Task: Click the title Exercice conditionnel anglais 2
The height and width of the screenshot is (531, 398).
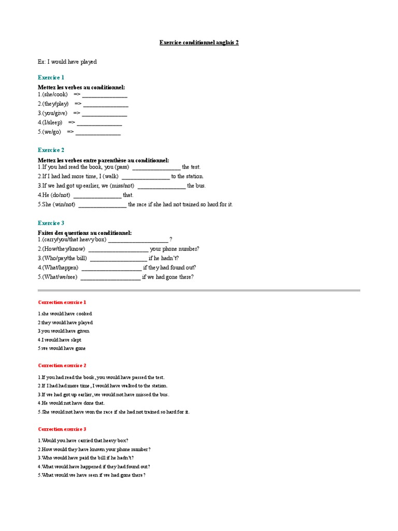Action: (199, 43)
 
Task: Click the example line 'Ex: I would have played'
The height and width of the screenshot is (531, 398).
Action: (67, 62)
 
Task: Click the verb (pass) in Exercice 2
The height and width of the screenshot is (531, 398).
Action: (122, 167)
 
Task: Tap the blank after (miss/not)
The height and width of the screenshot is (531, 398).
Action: (161, 186)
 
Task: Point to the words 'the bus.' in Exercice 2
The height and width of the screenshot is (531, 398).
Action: (196, 186)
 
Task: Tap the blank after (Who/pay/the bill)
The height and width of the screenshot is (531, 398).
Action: (118, 258)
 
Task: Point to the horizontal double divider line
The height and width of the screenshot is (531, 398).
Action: (199, 290)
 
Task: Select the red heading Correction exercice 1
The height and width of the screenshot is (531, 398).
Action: (62, 302)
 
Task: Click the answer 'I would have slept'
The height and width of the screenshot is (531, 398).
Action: (61, 340)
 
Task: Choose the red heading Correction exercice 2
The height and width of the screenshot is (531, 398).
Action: (62, 366)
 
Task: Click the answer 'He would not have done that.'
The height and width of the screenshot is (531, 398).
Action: (73, 403)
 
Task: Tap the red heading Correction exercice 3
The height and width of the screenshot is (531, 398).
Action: (62, 429)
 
